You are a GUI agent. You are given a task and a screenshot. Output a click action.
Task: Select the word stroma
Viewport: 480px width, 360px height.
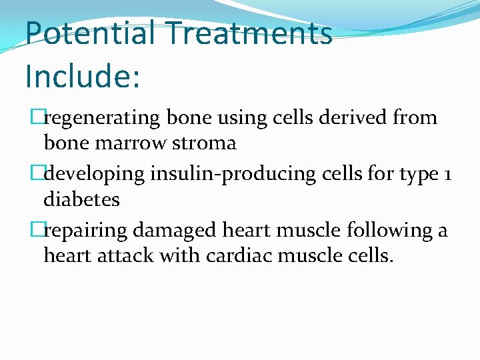pyautogui.click(x=206, y=143)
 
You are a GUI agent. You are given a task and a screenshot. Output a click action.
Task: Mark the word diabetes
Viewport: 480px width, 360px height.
pyautogui.click(x=81, y=199)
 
